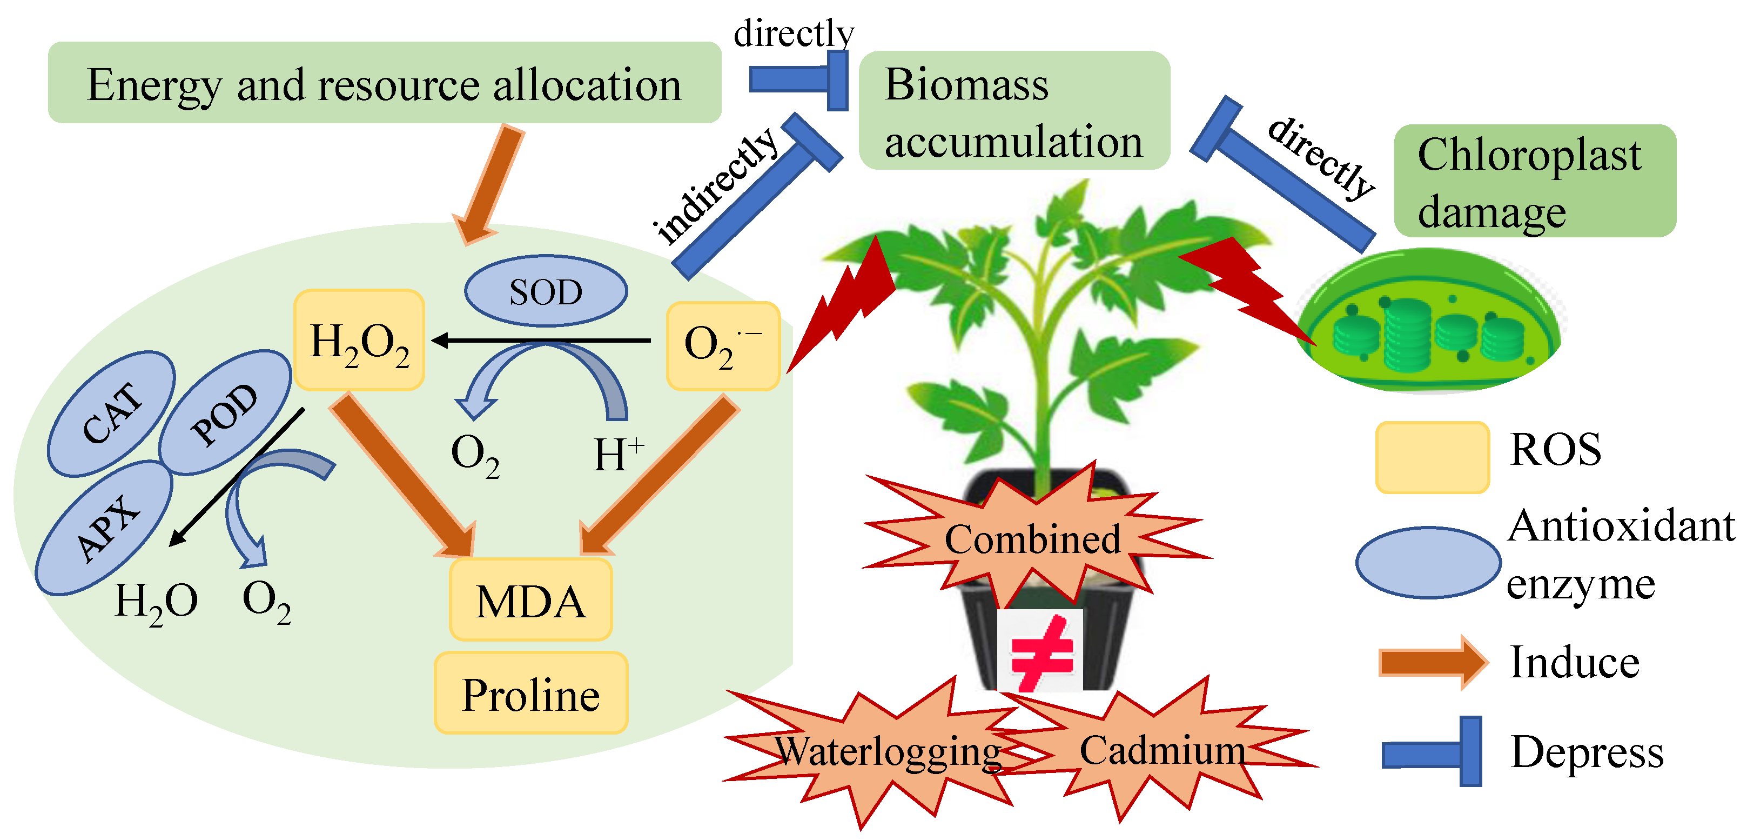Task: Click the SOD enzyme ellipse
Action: pos(546,291)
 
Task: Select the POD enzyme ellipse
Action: pos(225,412)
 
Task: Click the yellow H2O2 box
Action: pos(359,340)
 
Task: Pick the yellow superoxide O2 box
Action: pos(723,346)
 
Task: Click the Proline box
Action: pos(531,693)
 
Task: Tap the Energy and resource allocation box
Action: pos(385,83)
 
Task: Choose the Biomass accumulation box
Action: pos(1014,110)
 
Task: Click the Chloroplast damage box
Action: pos(1535,181)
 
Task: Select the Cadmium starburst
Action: pos(1160,750)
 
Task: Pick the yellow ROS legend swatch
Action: pos(1432,457)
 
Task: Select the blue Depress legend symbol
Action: pos(1432,751)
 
